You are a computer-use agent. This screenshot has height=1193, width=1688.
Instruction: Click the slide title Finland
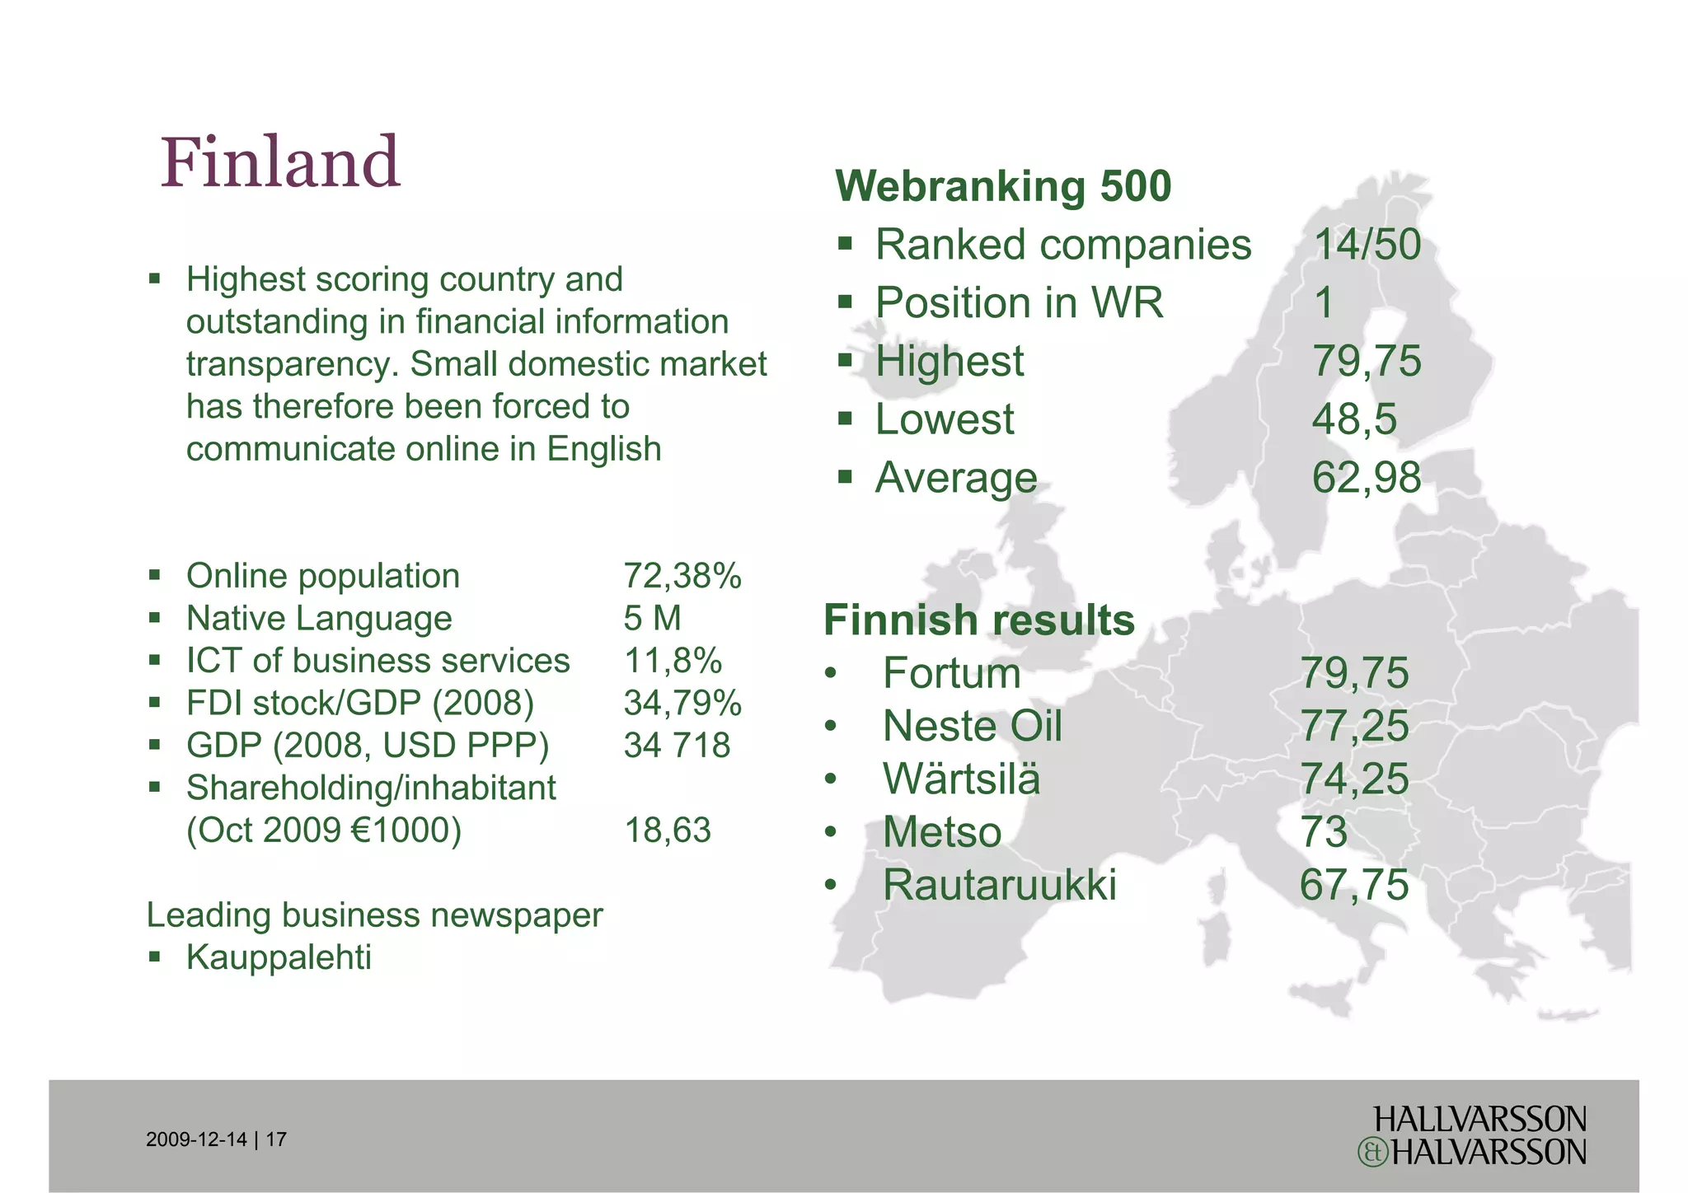point(280,162)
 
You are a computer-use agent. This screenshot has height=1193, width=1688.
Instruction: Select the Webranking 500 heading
point(1003,186)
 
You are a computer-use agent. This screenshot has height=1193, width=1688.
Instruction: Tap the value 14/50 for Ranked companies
point(1367,245)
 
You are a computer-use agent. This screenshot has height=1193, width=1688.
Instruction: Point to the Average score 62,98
point(1367,478)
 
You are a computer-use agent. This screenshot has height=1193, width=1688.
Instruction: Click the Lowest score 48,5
point(1354,419)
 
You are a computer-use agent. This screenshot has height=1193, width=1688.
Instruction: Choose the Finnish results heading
point(979,620)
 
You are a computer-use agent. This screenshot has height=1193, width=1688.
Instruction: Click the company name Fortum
point(951,674)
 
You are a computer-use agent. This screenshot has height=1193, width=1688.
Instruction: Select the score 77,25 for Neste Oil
point(1354,727)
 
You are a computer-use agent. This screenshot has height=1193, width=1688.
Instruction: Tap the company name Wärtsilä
point(961,779)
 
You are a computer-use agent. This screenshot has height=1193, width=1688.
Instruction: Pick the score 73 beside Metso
point(1323,832)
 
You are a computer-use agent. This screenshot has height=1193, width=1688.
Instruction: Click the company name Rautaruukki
point(999,886)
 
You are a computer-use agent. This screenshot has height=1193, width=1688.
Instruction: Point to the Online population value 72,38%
point(682,577)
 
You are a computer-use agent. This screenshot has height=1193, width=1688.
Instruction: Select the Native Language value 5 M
point(652,619)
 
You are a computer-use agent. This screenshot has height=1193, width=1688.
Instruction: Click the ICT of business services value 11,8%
point(673,661)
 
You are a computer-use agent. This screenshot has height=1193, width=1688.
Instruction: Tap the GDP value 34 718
point(677,746)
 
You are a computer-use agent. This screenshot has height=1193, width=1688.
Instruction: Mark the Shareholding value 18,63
point(667,830)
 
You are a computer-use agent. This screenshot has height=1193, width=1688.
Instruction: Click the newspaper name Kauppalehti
point(279,957)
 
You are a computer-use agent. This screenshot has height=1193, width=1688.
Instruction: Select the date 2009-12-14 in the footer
point(196,1140)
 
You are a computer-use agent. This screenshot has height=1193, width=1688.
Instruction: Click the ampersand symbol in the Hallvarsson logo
point(1372,1153)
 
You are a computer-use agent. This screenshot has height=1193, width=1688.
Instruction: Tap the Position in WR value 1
point(1324,303)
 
